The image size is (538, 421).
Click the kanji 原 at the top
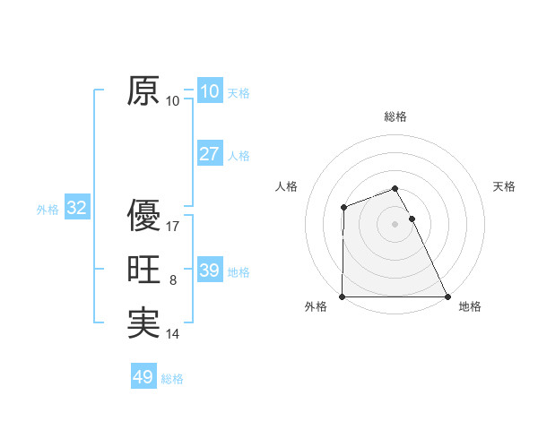[143, 90]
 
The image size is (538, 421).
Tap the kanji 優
[143, 215]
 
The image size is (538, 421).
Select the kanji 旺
[143, 270]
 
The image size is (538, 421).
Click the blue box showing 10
[209, 90]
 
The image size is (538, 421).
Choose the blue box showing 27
[209, 154]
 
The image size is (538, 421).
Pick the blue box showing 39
[209, 271]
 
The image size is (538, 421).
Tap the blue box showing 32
[77, 209]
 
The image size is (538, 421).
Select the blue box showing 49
[143, 377]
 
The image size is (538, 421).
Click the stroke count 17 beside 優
[173, 226]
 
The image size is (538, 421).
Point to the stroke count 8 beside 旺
[173, 280]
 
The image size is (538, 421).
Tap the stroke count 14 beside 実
[173, 334]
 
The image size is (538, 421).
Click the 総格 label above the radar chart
[395, 116]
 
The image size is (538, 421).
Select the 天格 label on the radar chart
[505, 186]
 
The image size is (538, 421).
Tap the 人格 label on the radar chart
[286, 186]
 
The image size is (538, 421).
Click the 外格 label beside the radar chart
[316, 306]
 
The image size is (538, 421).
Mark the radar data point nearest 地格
[447, 296]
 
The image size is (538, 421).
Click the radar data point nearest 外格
[343, 296]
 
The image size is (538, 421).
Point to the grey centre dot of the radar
[395, 223]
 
